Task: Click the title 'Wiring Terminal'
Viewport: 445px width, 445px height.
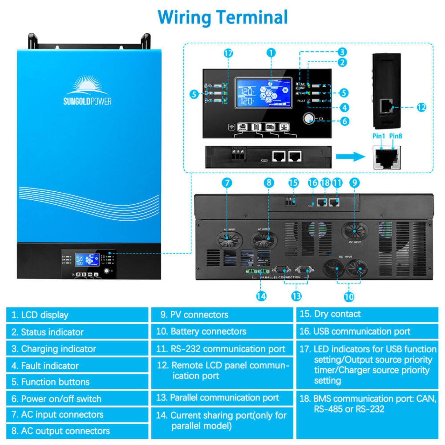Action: click(x=222, y=17)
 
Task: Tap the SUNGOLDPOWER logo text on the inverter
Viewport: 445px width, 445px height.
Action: click(x=87, y=101)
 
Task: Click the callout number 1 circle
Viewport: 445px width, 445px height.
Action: click(x=271, y=53)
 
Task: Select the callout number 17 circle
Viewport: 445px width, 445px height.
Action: click(x=228, y=53)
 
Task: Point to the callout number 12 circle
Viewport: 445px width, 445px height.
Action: click(x=421, y=107)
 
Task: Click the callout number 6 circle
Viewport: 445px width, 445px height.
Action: click(x=345, y=121)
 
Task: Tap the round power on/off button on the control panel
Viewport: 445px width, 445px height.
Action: click(x=308, y=118)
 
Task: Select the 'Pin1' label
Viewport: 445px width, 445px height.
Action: click(x=379, y=136)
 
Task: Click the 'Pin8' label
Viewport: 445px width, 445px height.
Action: click(x=396, y=136)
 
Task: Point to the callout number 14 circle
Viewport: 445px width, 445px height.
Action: click(x=261, y=296)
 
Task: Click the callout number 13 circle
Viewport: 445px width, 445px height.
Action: click(x=296, y=296)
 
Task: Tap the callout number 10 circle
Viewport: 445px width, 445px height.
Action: click(x=349, y=297)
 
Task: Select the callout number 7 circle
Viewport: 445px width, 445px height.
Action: click(x=227, y=183)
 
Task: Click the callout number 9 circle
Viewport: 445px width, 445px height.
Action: click(x=354, y=183)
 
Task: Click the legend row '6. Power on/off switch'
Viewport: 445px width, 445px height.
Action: click(x=77, y=399)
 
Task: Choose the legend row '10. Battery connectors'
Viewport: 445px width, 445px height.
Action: click(x=222, y=332)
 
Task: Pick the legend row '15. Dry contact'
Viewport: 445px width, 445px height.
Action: click(x=367, y=314)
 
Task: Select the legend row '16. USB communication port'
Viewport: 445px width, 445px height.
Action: click(x=367, y=332)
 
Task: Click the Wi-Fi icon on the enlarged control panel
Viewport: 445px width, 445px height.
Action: click(x=232, y=127)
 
